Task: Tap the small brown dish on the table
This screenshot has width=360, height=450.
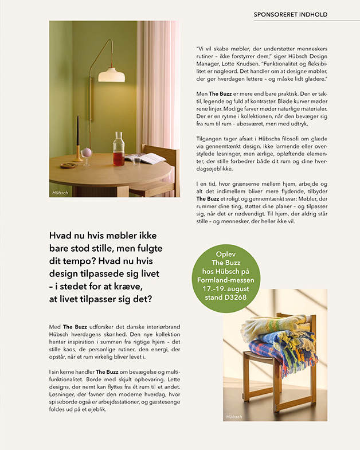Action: [x=68, y=165]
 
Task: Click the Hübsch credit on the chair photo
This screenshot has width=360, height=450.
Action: [x=233, y=416]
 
